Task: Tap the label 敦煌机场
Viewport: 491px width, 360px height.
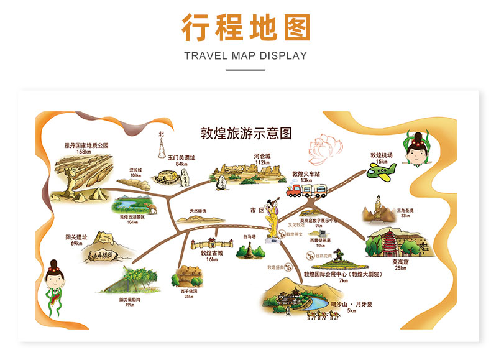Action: tap(382, 155)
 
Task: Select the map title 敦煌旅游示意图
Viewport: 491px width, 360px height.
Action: tap(245, 133)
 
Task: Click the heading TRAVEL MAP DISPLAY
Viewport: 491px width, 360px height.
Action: tap(245, 55)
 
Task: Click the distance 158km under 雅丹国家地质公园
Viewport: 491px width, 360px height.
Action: tap(85, 151)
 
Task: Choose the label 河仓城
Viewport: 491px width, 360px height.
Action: tap(262, 156)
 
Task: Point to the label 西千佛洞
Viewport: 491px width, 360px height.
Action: tap(188, 290)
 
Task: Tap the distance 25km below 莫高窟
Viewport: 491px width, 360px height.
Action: tap(400, 269)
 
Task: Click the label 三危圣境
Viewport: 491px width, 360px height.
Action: tap(405, 210)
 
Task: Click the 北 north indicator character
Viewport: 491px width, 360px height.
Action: tap(161, 134)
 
